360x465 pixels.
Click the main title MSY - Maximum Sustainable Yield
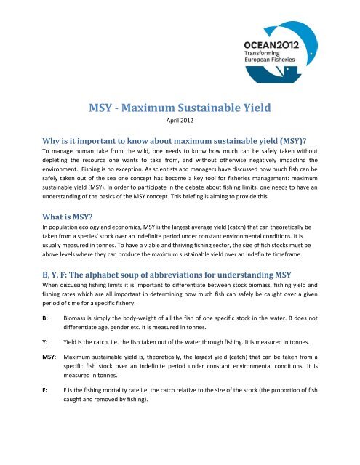[180, 110]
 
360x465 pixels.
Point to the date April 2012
[180, 125]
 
